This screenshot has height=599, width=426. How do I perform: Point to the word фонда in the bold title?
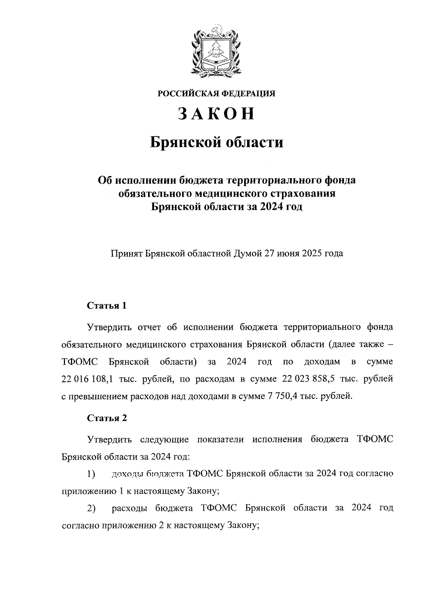click(340, 180)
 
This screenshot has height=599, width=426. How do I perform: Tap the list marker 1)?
click(92, 474)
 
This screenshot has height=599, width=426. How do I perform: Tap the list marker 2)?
click(92, 508)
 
